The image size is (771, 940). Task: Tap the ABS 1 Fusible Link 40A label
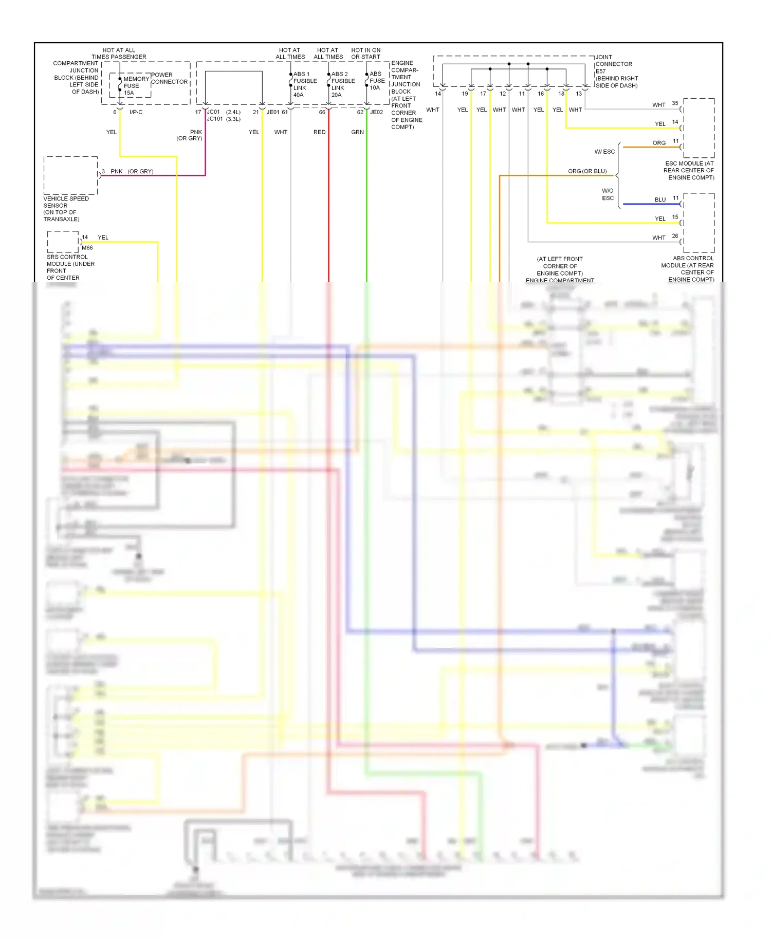pos(305,84)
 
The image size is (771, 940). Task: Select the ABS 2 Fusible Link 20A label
pos(343,84)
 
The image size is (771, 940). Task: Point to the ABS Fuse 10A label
pos(377,81)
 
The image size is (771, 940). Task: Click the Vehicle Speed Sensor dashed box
pos(70,175)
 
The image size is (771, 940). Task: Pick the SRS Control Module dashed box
pos(63,242)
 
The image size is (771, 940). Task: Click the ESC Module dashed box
pos(699,128)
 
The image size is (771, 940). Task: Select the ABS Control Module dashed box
pos(699,223)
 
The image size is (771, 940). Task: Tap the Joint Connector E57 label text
pos(616,71)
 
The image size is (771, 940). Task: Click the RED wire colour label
pos(319,132)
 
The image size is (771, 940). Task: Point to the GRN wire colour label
pos(357,132)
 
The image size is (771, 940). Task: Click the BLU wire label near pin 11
pos(660,200)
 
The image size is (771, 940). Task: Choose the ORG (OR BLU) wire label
pos(587,171)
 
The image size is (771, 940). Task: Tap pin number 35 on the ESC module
pos(675,103)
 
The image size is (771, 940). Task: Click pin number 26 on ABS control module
pos(675,236)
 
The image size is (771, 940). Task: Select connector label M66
pos(87,248)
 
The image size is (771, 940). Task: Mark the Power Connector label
pos(169,78)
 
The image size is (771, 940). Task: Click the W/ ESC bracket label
pos(604,152)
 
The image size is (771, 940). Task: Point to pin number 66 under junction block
pos(322,112)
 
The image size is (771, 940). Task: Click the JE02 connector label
pos(376,112)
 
